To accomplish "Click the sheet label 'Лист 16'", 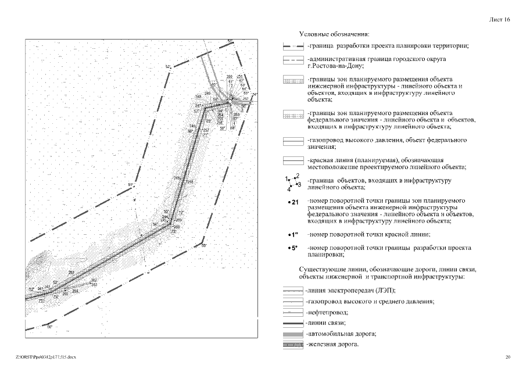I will click(499, 20).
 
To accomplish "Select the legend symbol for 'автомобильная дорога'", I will click(292, 334).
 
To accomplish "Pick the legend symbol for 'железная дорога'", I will click(292, 345).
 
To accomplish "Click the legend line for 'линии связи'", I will click(292, 323).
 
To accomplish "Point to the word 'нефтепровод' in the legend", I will click(327, 312).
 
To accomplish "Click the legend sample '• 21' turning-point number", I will click(293, 202).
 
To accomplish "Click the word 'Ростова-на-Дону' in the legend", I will click(337, 66).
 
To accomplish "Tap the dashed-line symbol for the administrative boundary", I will click(292, 60).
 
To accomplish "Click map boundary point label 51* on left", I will click(131, 185).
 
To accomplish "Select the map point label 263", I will click(94, 285).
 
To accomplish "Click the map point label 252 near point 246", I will click(205, 131).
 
